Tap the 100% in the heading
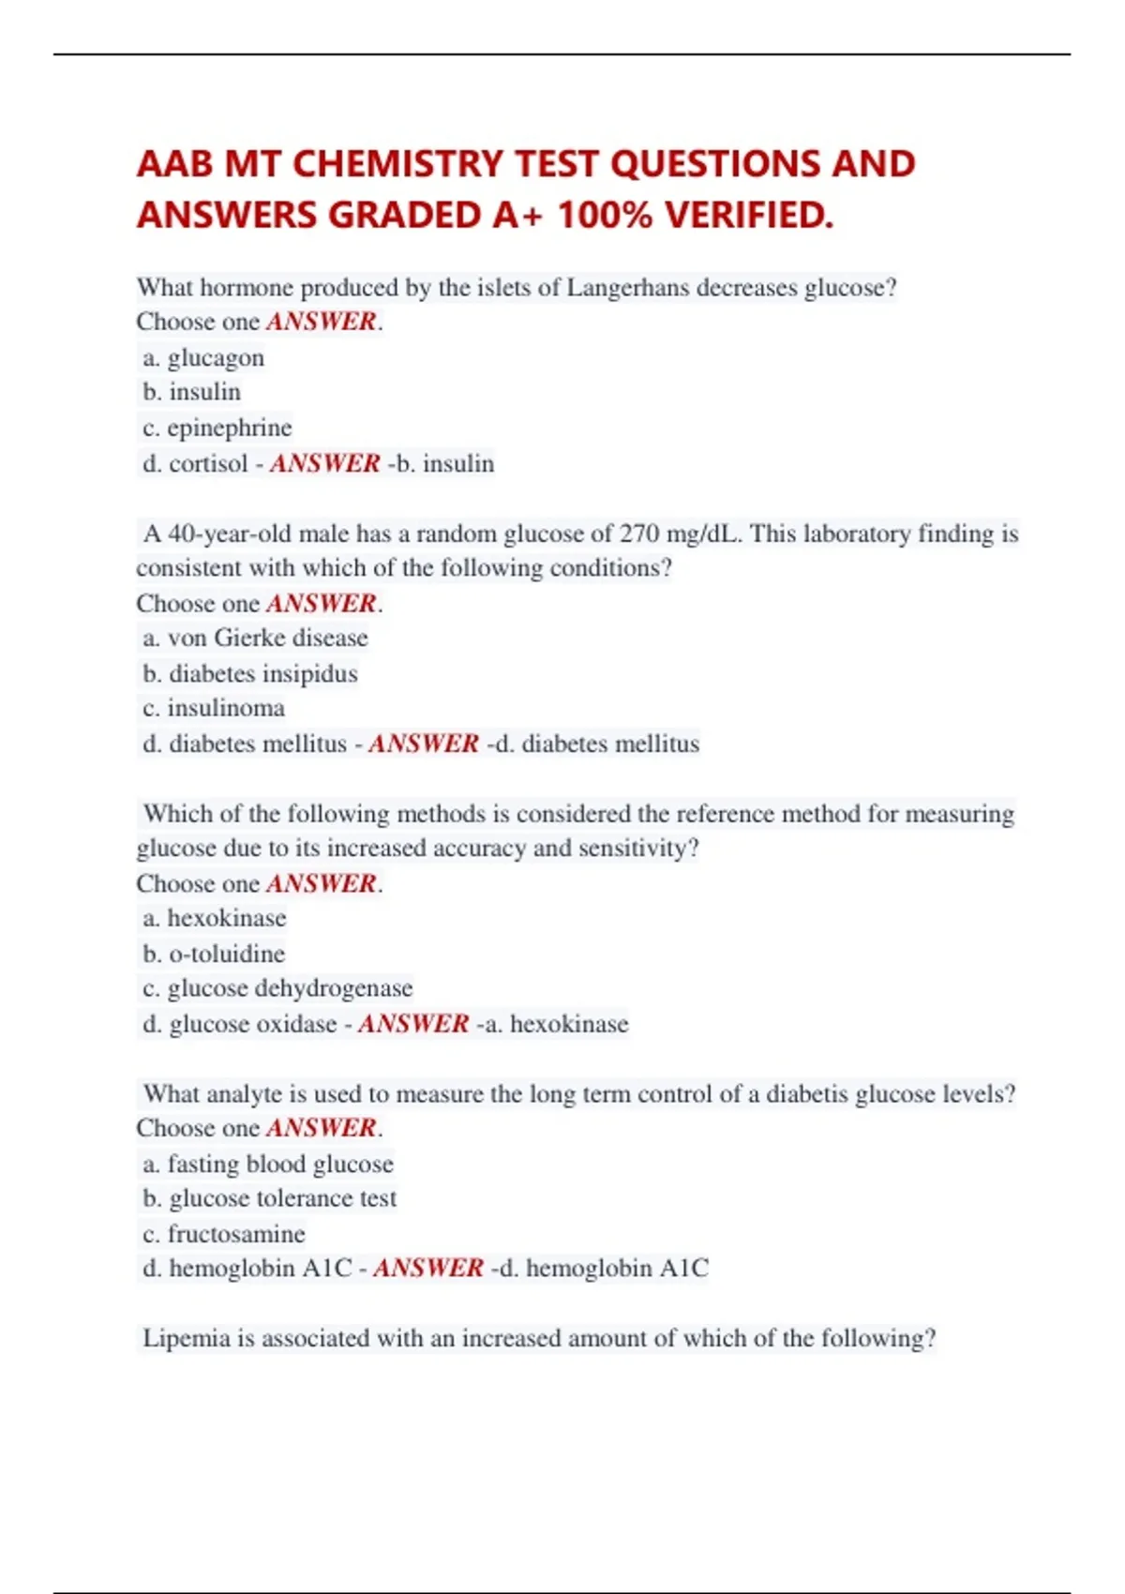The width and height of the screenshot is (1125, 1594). (605, 216)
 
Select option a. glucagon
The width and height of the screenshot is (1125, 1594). (203, 358)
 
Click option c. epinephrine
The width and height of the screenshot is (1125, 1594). (217, 428)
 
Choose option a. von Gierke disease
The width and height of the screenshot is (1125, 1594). (255, 638)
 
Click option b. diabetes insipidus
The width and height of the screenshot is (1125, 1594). (250, 673)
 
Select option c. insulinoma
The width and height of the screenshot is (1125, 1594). (214, 708)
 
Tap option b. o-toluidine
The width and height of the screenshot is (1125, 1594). (214, 954)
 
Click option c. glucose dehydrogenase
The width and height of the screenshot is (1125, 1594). (277, 988)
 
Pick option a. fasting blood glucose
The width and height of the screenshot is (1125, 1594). (268, 1164)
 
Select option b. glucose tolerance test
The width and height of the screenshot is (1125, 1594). (270, 1198)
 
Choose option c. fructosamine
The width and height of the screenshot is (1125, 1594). (224, 1234)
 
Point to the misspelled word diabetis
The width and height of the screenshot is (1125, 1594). (807, 1094)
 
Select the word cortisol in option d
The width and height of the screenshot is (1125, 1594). (208, 463)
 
